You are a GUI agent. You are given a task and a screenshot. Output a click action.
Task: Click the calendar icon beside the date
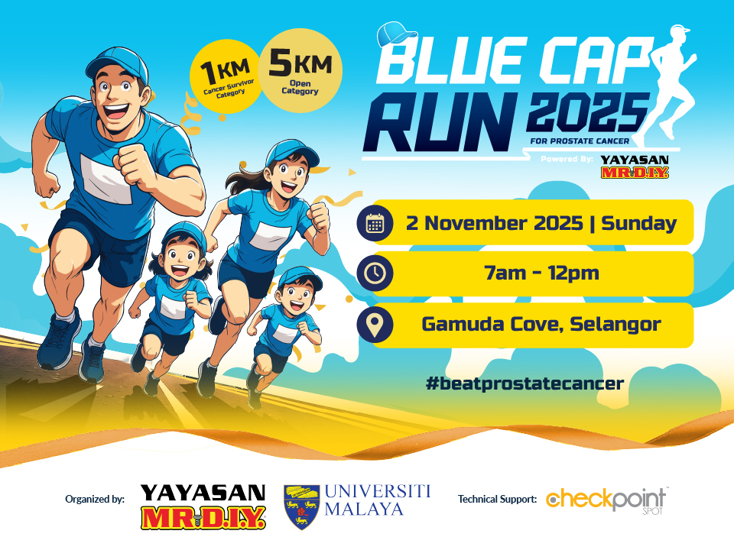375,223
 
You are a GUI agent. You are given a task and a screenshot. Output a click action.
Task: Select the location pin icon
375,325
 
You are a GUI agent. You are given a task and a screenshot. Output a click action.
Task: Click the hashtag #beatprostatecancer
525,382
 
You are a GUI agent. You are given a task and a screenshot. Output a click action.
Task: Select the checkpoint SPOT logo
607,501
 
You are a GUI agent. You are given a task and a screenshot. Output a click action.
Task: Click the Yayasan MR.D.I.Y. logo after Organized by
203,506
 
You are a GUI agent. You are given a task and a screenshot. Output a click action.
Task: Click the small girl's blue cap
183,232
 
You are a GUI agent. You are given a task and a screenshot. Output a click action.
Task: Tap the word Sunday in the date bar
638,223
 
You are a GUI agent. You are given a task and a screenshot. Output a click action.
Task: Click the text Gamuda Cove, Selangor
541,324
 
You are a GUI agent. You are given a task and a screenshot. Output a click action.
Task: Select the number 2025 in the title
586,115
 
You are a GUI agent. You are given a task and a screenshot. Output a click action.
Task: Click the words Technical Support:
497,500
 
